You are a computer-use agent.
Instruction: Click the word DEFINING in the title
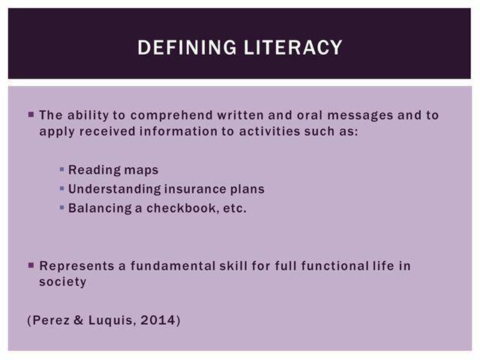tap(187, 47)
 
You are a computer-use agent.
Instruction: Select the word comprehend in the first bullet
tap(172, 115)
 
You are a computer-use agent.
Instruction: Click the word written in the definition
tap(240, 115)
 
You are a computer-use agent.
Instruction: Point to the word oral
tap(310, 115)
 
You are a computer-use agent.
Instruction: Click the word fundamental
tap(172, 265)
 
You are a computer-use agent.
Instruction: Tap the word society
tap(63, 282)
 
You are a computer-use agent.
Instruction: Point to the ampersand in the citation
tap(78, 320)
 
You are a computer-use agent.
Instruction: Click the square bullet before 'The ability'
tap(31, 115)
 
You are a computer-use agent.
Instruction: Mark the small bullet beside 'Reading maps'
tap(61, 169)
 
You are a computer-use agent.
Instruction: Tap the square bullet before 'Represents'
tap(31, 265)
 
